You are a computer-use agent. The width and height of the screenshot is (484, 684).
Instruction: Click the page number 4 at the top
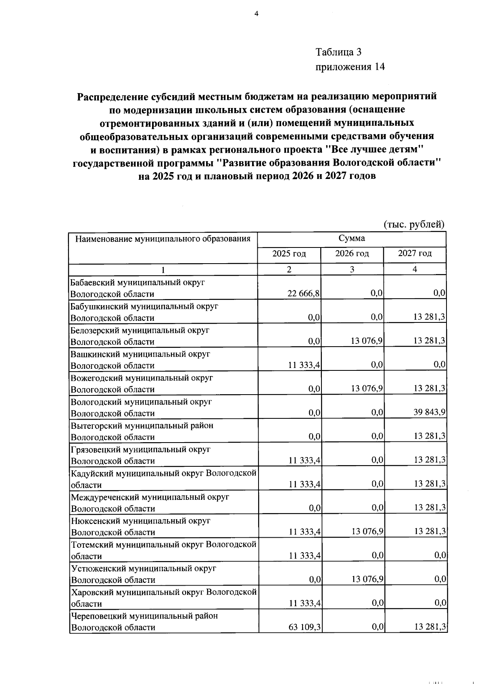[256, 14]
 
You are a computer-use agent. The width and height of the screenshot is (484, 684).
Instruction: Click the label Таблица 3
[338, 52]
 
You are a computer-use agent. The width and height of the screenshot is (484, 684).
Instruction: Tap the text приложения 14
[350, 67]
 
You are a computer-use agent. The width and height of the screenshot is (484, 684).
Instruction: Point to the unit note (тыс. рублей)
[414, 224]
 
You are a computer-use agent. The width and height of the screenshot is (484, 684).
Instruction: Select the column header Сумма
[352, 238]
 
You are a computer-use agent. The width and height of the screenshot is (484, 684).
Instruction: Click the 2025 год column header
[289, 254]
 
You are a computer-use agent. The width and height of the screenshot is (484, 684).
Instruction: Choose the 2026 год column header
[352, 254]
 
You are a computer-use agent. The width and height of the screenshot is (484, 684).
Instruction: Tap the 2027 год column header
[415, 254]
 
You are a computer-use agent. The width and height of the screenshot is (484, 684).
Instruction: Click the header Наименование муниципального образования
[163, 239]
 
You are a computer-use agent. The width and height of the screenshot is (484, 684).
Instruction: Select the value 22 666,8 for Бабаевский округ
[304, 293]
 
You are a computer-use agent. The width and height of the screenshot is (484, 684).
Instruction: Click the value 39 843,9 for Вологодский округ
[429, 412]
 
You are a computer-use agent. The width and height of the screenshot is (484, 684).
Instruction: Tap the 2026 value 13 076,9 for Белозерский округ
[367, 341]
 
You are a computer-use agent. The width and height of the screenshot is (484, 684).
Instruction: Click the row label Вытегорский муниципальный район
[142, 426]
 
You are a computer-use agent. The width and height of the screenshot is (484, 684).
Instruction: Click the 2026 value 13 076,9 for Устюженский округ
[367, 579]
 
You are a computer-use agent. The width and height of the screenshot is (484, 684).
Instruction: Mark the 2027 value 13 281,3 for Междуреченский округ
[430, 508]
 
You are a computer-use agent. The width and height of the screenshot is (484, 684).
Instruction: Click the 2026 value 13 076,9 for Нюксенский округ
[367, 532]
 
